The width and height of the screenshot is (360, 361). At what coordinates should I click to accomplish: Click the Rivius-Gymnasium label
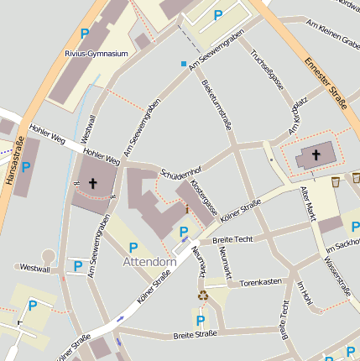96,54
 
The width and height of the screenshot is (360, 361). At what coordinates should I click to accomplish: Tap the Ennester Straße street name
326,84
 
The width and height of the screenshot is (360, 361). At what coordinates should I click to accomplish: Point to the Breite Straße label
195,334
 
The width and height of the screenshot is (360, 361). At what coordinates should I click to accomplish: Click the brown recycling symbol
201,295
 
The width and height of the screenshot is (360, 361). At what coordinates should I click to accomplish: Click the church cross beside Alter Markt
316,154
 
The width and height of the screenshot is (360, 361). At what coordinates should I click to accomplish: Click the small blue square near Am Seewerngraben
184,64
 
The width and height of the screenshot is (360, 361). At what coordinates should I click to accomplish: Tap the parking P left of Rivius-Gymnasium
84,34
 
